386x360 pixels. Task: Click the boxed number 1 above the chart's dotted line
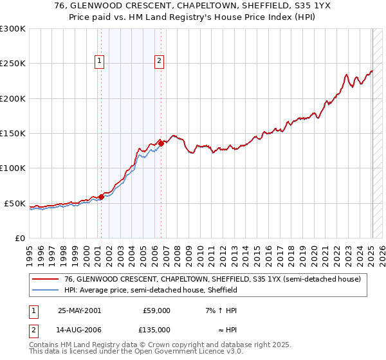coord(100,62)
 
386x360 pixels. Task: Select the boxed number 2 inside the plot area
coord(159,62)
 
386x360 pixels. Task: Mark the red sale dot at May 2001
coord(101,197)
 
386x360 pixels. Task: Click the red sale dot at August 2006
coord(161,144)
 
